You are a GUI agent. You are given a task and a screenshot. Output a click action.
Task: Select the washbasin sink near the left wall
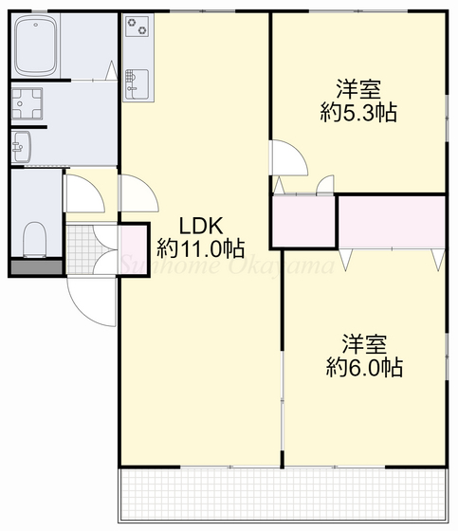point(21,146)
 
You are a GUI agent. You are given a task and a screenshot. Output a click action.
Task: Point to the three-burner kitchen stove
point(137,27)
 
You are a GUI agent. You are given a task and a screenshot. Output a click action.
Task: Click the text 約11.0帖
point(201,249)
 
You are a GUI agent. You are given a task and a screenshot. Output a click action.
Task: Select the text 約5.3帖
point(357,113)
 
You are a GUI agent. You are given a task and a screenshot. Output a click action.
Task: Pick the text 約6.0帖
point(364,367)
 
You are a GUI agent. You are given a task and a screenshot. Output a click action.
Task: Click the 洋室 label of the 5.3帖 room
point(357,90)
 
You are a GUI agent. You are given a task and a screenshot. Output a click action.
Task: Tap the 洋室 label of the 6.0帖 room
point(364,343)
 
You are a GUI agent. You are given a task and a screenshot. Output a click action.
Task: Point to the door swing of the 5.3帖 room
point(286,158)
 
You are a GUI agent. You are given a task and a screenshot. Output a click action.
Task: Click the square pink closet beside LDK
point(303,220)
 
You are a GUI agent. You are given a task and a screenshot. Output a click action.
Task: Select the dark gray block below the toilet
point(35,266)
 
